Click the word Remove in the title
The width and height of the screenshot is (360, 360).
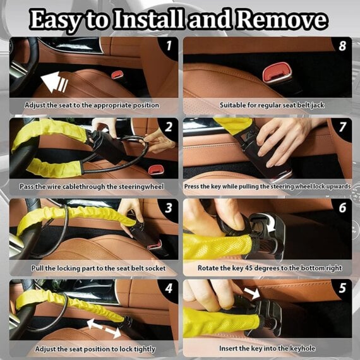275,20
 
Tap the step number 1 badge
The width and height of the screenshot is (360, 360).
169,46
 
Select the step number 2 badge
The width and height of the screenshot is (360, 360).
169,127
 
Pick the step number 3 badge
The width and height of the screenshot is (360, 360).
169,208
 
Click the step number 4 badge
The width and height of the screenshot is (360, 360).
169,289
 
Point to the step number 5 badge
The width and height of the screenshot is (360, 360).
342,289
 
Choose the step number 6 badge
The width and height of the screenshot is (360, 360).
342,208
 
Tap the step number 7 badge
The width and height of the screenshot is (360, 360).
342,127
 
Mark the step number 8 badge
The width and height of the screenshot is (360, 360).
342,46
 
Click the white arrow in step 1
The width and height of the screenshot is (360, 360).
54,81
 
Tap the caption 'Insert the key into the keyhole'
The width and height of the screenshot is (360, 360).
268,348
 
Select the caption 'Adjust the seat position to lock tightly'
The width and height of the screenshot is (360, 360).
92,348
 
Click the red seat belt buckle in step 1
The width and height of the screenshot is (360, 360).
117,75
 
